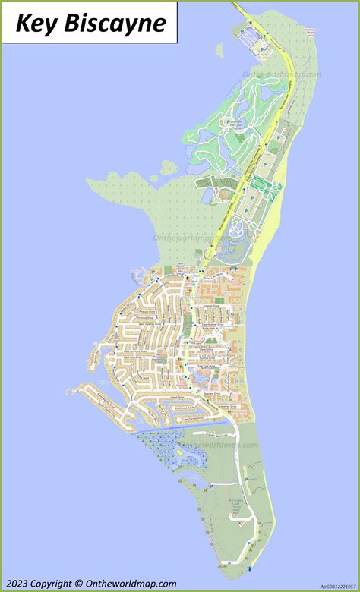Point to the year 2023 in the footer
click(21, 583)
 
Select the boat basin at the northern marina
click(248, 34)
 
